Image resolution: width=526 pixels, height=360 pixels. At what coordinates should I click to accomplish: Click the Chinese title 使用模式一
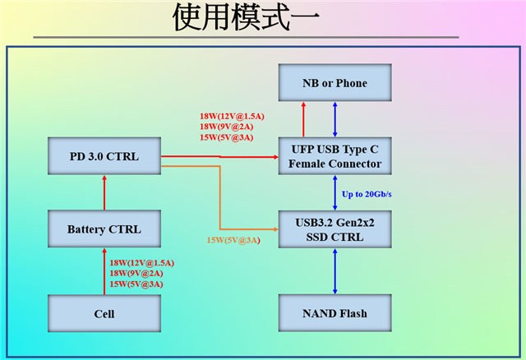[247, 18]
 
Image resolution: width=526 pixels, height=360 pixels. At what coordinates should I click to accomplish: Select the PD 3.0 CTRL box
[104, 156]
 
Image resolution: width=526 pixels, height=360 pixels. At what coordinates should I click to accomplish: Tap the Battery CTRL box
[104, 228]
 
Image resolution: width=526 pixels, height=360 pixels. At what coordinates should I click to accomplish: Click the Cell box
[104, 313]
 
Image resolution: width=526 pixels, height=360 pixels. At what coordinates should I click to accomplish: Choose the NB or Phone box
[335, 83]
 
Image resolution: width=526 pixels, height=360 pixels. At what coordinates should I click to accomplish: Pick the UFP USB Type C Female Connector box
[335, 156]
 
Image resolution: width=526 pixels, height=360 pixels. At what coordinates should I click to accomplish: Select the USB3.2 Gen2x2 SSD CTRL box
[335, 228]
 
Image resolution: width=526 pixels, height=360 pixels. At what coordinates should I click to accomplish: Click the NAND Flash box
[335, 313]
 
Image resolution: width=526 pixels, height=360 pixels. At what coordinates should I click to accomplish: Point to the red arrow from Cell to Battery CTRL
[104, 271]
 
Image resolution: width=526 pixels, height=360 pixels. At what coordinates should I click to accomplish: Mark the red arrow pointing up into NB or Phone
[303, 119]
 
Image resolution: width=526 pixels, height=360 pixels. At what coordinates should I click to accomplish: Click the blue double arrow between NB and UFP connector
[335, 119]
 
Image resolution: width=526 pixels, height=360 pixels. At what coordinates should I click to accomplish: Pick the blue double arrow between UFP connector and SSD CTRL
[335, 192]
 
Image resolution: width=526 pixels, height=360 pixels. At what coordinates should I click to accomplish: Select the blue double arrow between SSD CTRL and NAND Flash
[335, 271]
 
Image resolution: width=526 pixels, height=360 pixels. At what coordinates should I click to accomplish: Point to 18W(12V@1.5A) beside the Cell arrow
[141, 262]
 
